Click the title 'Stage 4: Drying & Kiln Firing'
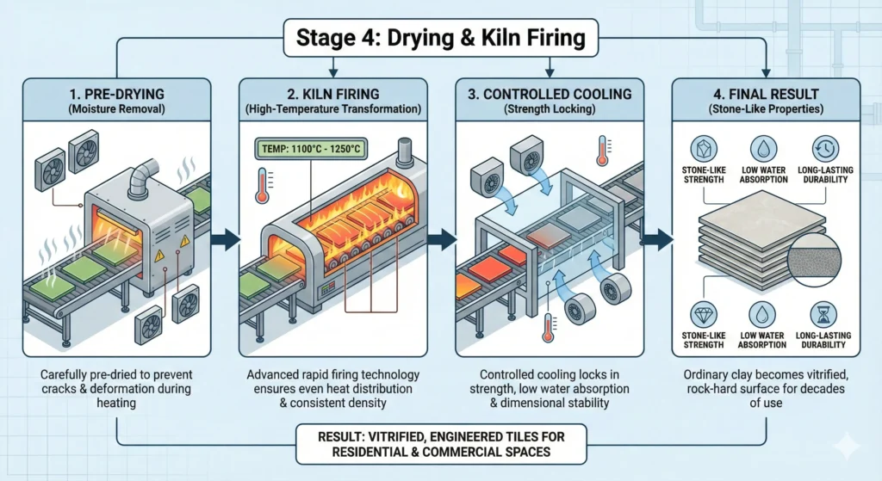[x=440, y=39]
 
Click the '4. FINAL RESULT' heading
[x=764, y=91]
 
